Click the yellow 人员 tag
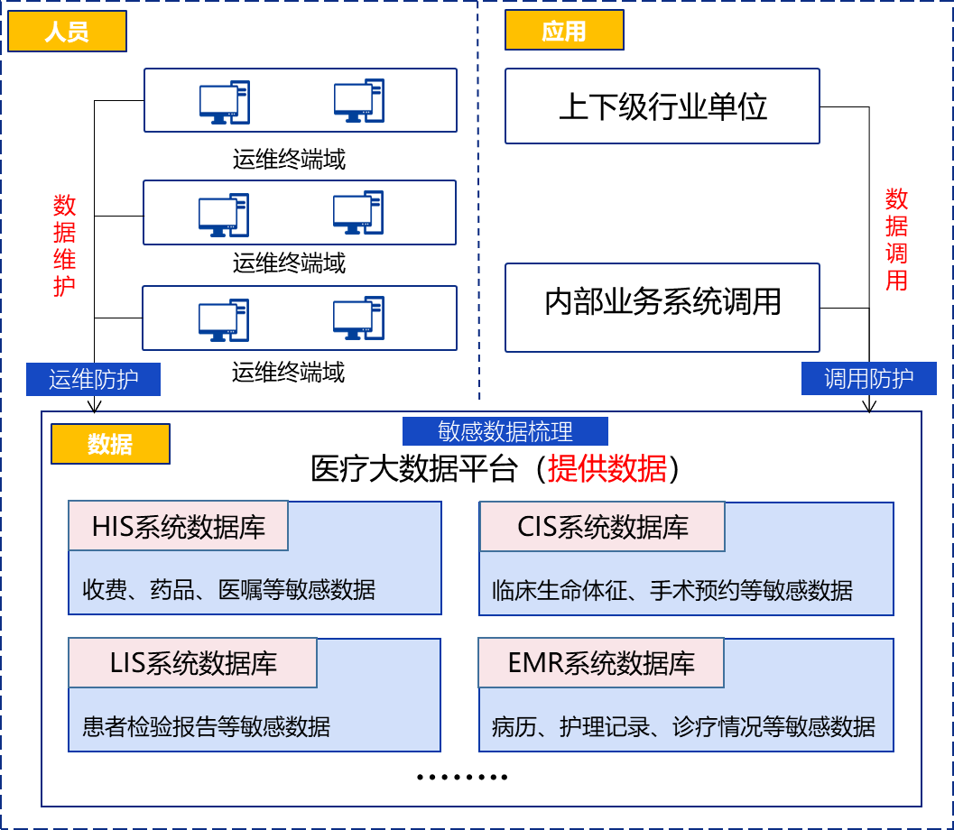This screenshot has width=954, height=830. point(67,32)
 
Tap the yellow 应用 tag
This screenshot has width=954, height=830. point(564,32)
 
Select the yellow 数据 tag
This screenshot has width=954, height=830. point(110,444)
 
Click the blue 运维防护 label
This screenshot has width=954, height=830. point(93,380)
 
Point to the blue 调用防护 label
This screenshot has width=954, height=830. point(868,379)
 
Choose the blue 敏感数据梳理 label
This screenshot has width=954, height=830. point(505,431)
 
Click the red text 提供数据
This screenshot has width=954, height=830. point(607,469)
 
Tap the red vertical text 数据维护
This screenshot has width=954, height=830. point(64,245)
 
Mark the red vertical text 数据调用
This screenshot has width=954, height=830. point(895,239)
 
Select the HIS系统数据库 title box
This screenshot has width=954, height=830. point(179,526)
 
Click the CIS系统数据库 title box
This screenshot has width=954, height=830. point(602,527)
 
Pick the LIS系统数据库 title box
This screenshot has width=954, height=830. point(193,663)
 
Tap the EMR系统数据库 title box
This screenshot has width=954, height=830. point(601,663)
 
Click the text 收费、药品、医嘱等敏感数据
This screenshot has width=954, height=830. point(228,590)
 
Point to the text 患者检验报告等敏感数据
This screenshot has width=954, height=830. point(206,726)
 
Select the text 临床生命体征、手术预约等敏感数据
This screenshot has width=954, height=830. point(672,591)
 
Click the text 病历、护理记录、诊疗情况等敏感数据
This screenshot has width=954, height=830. point(683,727)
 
